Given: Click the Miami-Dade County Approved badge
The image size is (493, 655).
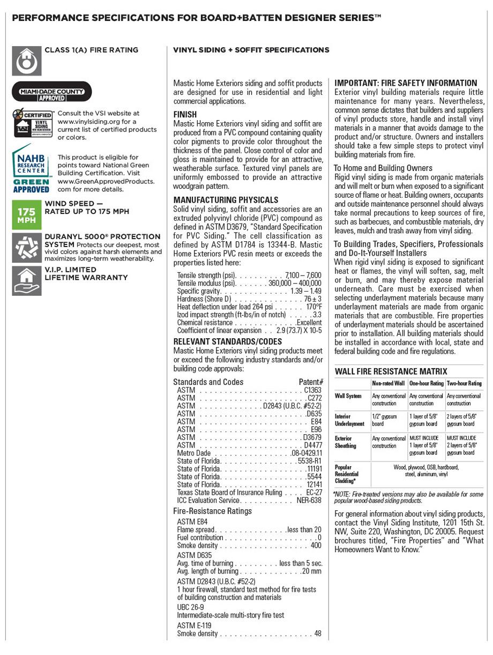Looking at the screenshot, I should pyautogui.click(x=52, y=92).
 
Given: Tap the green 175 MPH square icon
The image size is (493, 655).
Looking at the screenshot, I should pyautogui.click(x=26, y=212).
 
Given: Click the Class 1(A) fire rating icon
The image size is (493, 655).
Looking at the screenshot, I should pyautogui.click(x=26, y=61).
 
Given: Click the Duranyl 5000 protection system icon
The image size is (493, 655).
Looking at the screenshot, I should pyautogui.click(x=26, y=247).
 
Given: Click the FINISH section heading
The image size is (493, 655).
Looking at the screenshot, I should pyautogui.click(x=185, y=115).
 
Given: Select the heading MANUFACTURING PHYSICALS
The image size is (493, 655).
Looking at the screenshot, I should pyautogui.click(x=226, y=200).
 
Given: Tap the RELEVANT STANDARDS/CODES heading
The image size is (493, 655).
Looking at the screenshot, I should pyautogui.click(x=227, y=341).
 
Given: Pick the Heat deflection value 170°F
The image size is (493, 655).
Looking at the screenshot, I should pyautogui.click(x=314, y=307).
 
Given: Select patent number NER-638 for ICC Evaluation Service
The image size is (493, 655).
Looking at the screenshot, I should pyautogui.click(x=309, y=500).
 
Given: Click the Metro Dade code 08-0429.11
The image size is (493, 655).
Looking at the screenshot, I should pyautogui.click(x=307, y=453).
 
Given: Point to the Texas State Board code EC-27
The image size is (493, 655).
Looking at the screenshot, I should pyautogui.click(x=314, y=492).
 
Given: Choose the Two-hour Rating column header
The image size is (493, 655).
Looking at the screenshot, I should pyautogui.click(x=464, y=383).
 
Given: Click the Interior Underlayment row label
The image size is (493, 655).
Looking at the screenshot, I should pyautogui.click(x=349, y=420).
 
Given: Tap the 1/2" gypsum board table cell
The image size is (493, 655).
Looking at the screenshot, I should pyautogui.click(x=384, y=420).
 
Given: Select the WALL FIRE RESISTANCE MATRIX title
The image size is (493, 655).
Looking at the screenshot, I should pyautogui.click(x=391, y=371).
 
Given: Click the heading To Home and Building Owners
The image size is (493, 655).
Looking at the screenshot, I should pyautogui.click(x=383, y=168).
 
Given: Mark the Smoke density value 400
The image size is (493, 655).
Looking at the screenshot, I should pyautogui.click(x=316, y=546).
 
